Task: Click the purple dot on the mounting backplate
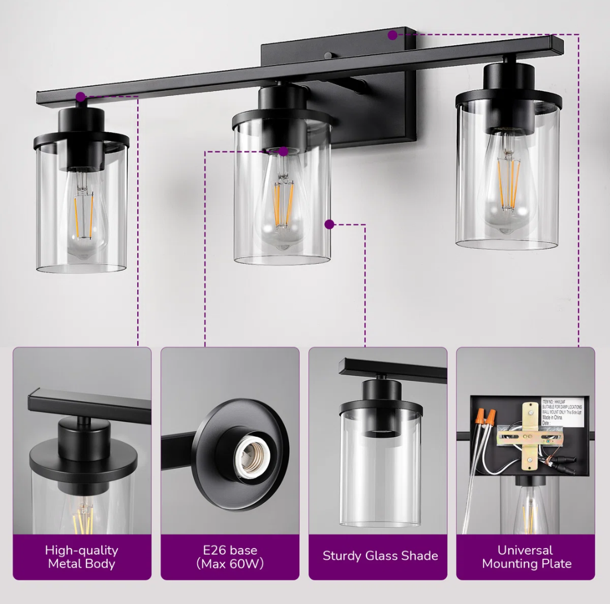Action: click(x=393, y=35)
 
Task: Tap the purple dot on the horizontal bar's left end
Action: click(x=81, y=97)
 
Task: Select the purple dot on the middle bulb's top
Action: click(x=284, y=151)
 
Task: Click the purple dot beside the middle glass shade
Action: click(x=329, y=224)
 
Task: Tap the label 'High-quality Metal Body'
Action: click(x=82, y=557)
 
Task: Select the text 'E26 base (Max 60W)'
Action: click(x=230, y=557)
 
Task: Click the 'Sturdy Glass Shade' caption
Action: click(x=380, y=555)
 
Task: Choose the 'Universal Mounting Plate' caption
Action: click(x=526, y=557)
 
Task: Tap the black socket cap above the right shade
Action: click(x=508, y=76)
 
